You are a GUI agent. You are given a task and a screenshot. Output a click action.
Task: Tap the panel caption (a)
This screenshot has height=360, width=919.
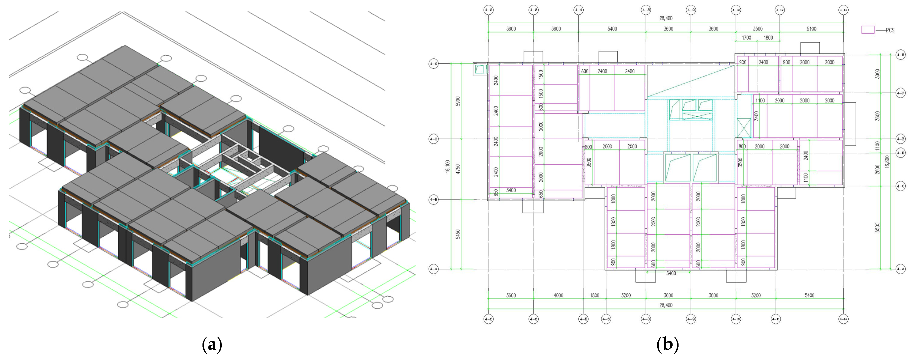click(212, 345)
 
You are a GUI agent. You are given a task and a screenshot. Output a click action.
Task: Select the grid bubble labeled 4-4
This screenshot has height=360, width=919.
click(578, 10)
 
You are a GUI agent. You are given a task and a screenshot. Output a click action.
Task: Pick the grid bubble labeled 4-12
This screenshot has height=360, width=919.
click(779, 10)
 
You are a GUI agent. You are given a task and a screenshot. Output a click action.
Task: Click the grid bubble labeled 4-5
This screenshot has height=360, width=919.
click(583, 319)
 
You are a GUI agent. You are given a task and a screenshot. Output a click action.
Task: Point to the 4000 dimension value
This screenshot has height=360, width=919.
click(558, 295)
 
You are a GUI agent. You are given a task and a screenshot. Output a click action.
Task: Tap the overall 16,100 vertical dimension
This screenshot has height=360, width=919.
click(448, 166)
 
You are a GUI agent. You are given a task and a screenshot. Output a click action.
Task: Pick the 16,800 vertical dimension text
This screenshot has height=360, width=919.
click(887, 161)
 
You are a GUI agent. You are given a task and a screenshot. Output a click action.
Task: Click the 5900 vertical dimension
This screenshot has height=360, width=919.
click(458, 101)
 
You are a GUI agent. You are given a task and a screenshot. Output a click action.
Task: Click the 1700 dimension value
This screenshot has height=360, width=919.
click(746, 38)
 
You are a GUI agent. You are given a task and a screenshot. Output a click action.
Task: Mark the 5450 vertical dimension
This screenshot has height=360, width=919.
click(458, 234)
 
